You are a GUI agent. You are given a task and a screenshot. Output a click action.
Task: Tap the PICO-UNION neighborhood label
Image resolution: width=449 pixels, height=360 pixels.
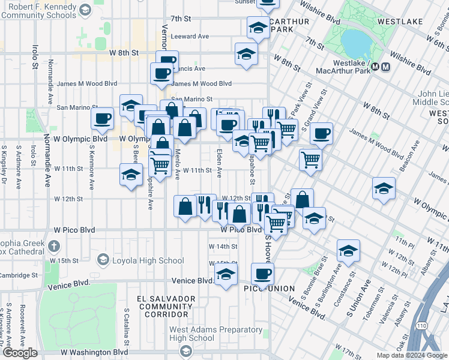pos(269,289)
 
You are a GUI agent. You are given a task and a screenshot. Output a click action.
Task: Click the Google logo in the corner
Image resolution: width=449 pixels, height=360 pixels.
pos(20,353)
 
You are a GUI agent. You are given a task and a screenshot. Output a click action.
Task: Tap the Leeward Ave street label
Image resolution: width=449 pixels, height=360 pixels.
pos(190,37)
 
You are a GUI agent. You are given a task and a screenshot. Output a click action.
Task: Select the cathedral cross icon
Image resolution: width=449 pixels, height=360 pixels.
pos(54,245)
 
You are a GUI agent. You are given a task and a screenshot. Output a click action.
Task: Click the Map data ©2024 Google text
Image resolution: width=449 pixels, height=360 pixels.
pos(411,355)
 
